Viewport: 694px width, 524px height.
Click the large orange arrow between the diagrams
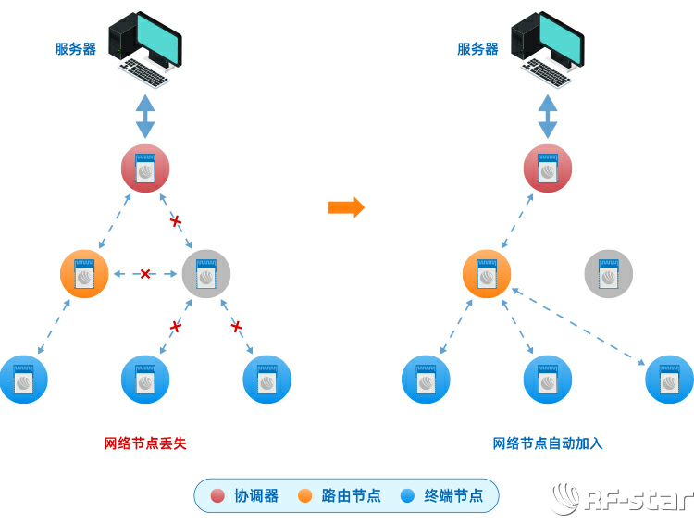[346, 206]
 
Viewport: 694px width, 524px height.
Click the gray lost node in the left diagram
[206, 274]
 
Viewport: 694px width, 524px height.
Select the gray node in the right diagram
[609, 274]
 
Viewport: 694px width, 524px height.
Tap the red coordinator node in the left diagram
[145, 168]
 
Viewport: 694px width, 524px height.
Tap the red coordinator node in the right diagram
[548, 168]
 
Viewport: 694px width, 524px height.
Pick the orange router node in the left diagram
[84, 274]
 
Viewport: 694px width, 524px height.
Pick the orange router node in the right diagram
[487, 274]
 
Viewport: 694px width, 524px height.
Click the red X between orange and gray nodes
[145, 274]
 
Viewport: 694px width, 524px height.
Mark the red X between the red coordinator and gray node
[176, 221]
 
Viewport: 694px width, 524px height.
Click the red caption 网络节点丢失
[145, 443]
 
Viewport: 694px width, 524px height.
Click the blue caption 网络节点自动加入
[548, 443]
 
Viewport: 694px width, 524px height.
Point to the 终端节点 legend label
[453, 496]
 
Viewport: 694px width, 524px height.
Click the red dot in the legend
[217, 496]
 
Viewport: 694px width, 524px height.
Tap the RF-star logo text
[639, 501]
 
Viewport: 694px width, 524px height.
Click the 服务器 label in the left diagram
[76, 49]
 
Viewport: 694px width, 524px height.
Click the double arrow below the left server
[145, 116]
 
